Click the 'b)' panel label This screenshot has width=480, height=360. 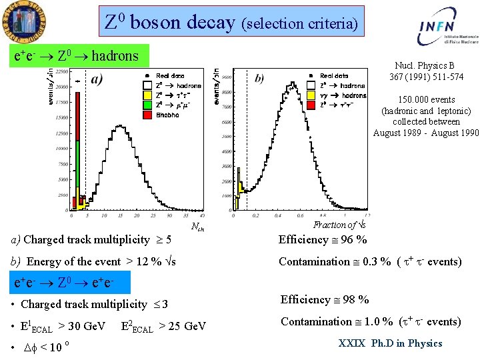point(259,79)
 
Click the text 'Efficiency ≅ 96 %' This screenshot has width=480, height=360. point(323,239)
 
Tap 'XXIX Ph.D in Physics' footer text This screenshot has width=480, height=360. point(390,343)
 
